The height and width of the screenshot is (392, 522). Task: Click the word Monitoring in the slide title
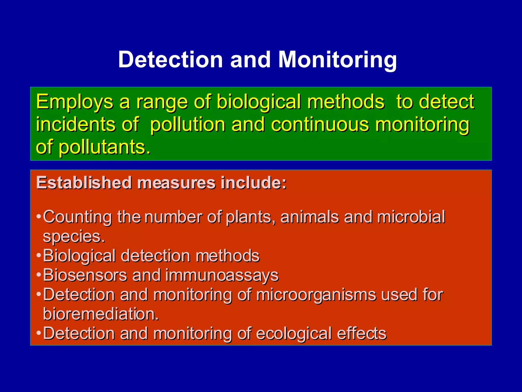click(x=337, y=60)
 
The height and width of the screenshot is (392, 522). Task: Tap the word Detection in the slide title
click(x=171, y=59)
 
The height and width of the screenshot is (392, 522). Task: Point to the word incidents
click(x=75, y=125)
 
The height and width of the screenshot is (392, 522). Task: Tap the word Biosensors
click(x=85, y=275)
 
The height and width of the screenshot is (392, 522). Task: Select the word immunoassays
click(x=222, y=276)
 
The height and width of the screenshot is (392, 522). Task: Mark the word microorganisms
click(x=316, y=295)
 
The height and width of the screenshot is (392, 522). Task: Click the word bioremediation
click(x=101, y=314)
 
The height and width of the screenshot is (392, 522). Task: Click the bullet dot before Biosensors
click(x=38, y=275)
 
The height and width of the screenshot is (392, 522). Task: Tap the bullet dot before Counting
click(x=38, y=217)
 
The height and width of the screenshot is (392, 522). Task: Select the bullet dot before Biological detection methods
click(x=38, y=255)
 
